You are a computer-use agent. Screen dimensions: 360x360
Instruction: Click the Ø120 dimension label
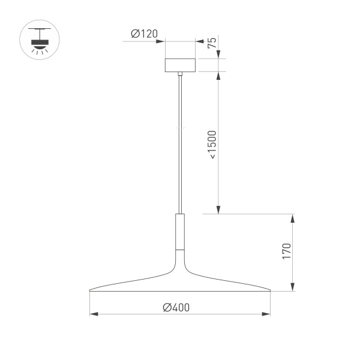tap(144, 34)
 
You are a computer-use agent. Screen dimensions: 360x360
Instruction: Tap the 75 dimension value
tap(211, 43)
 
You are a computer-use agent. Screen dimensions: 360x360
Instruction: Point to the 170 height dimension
tap(286, 251)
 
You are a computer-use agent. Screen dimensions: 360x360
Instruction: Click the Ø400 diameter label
tap(176, 307)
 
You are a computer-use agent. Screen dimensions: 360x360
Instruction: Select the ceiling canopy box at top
tap(180, 65)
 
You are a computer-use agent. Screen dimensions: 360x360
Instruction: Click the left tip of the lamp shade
tap(91, 291)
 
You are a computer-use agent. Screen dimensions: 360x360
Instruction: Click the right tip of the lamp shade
tap(269, 291)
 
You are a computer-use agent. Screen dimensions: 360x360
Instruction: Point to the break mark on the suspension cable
tap(180, 128)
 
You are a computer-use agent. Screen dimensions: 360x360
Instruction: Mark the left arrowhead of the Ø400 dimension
tap(92, 314)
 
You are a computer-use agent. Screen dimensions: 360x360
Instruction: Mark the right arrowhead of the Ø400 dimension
tap(268, 314)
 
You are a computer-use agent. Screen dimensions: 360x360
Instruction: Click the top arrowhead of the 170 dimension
tap(293, 217)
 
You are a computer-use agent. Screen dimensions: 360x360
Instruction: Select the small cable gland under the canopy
tap(180, 74)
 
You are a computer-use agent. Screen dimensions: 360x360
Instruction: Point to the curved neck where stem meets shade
tap(180, 264)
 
